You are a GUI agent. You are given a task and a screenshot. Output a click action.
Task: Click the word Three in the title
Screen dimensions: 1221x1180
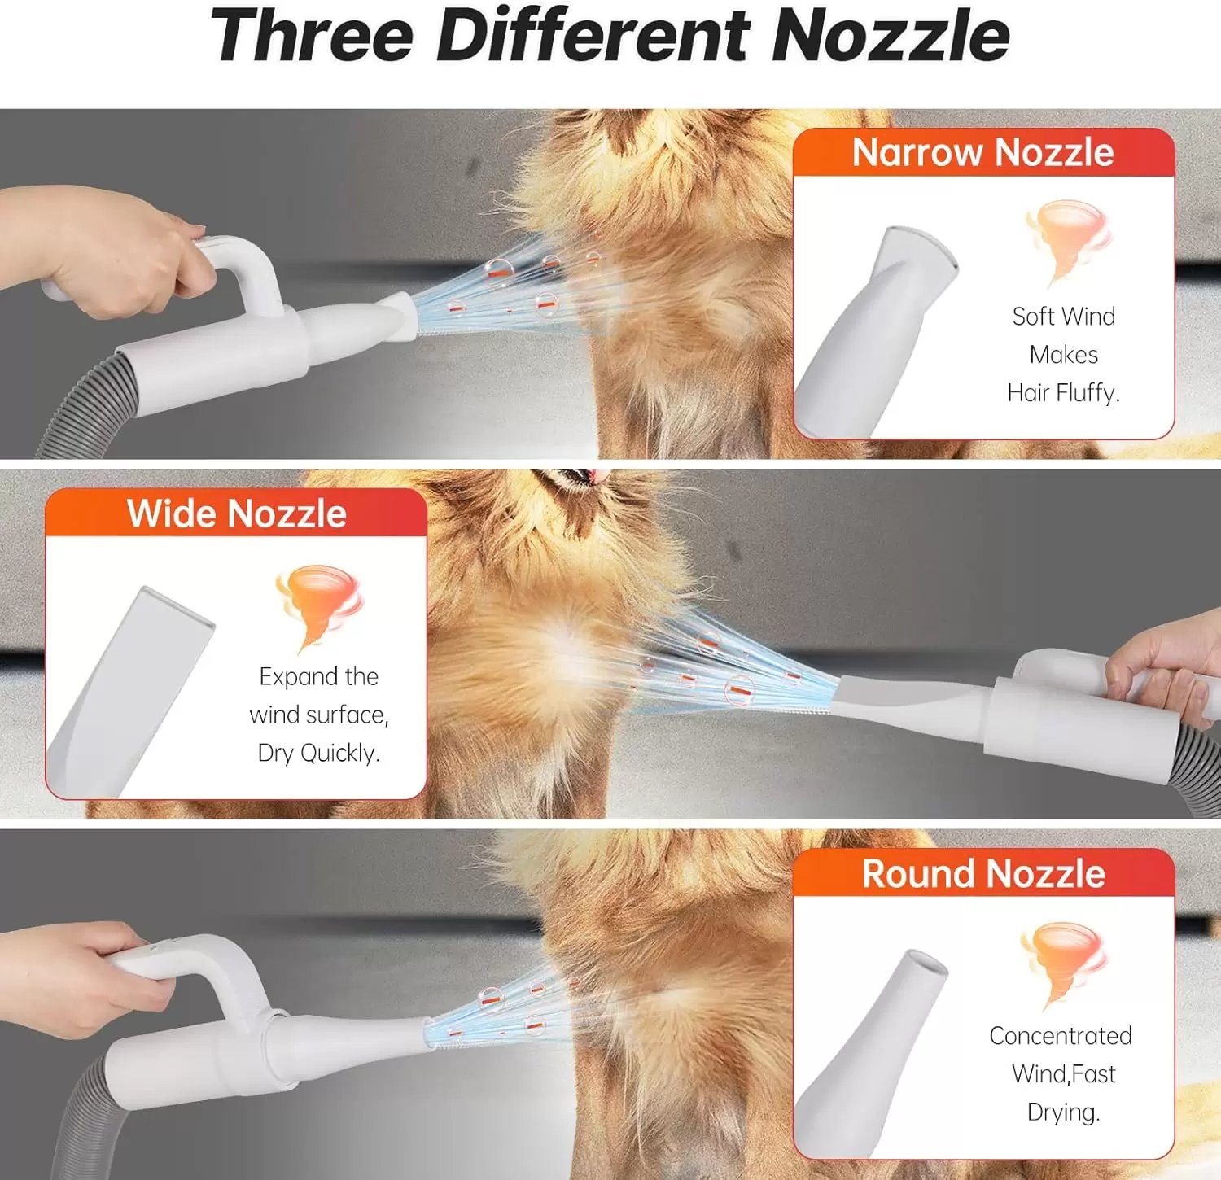(x=313, y=36)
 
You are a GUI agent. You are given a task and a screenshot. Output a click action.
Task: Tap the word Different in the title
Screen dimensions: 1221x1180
(x=593, y=36)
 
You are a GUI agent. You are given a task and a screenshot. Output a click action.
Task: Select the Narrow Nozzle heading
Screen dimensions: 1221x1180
(x=983, y=152)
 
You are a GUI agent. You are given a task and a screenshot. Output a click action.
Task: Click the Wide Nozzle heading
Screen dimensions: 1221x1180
(x=237, y=514)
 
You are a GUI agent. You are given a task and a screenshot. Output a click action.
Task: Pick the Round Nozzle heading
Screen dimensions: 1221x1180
(x=983, y=873)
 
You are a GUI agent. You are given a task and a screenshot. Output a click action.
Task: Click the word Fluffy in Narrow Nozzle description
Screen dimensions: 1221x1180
(x=1088, y=393)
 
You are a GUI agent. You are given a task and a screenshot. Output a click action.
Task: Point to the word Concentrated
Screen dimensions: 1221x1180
(x=1061, y=1035)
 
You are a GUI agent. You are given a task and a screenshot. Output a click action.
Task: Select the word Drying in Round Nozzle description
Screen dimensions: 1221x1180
(x=1064, y=1112)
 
